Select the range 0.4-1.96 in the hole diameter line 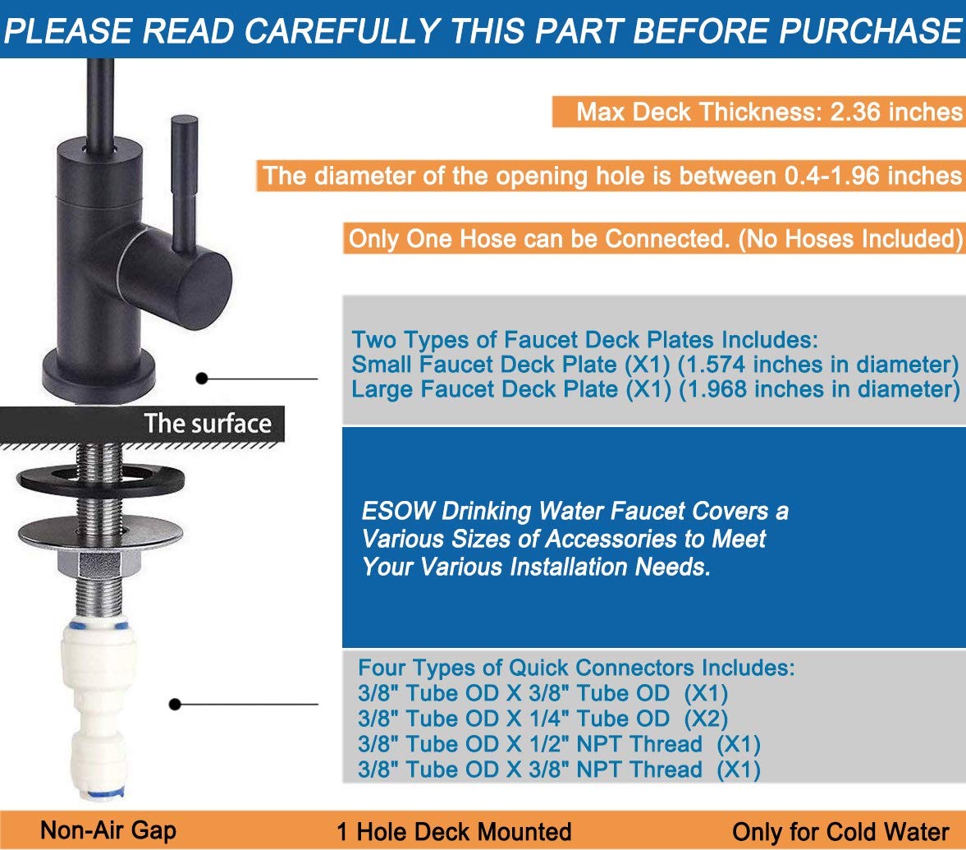[x=831, y=176]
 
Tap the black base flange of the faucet [x=98, y=374]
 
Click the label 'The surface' [x=208, y=424]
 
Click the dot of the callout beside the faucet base [x=201, y=378]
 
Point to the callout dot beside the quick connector [x=175, y=704]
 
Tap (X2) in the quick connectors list [x=706, y=719]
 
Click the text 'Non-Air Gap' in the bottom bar [x=108, y=830]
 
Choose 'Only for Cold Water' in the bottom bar [x=840, y=831]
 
